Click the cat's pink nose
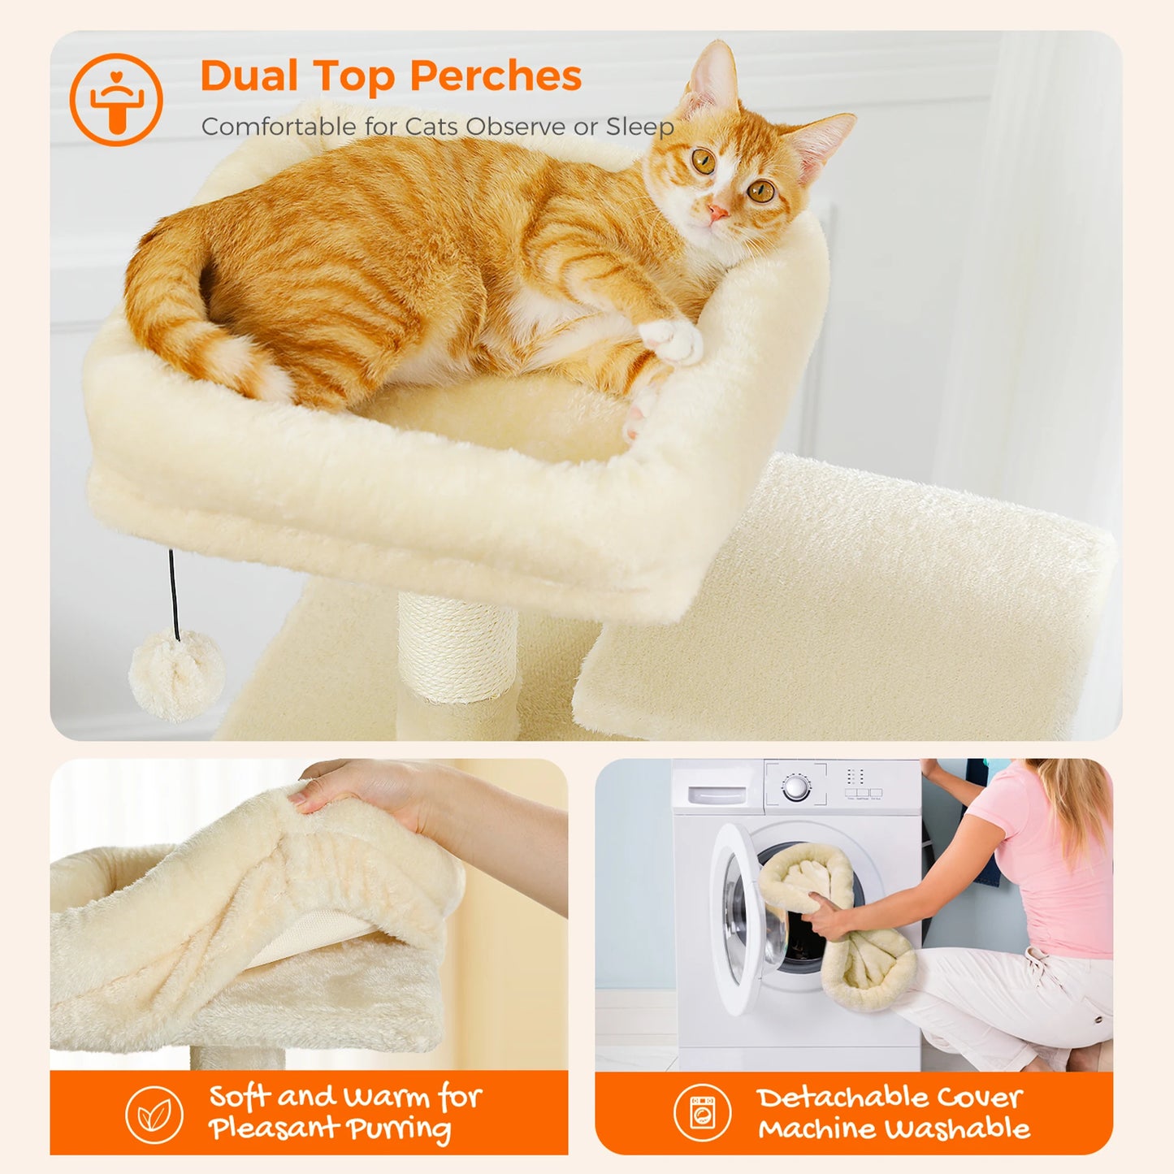[x=717, y=213]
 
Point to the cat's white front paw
[x=673, y=340]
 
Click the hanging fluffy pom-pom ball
[x=176, y=675]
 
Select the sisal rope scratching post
[x=457, y=651]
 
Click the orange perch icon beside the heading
[x=116, y=100]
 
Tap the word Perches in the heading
[x=496, y=76]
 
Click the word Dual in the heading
[x=249, y=76]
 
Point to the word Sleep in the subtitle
[x=639, y=127]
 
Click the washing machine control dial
[x=796, y=786]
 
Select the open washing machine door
[x=743, y=918]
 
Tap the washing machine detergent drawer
[x=717, y=794]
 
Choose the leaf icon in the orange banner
[x=154, y=1115]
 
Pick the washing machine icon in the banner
[x=702, y=1112]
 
